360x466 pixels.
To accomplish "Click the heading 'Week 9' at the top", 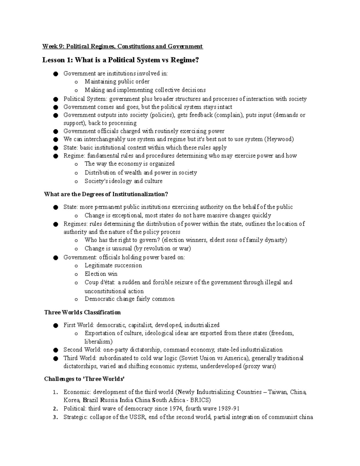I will pyautogui.click(x=53, y=46).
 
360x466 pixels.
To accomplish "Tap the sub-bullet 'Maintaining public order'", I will pyautogui.click(x=117, y=82).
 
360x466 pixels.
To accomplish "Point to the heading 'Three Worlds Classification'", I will pyautogui.click(x=82, y=312).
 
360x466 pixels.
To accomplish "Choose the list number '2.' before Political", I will pyautogui.click(x=55, y=409).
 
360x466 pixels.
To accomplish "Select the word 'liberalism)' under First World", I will pyautogui.click(x=98, y=341).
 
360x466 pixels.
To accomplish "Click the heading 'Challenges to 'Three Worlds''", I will pyautogui.click(x=84, y=379).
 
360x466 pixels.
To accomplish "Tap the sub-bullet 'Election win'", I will pyautogui.click(x=101, y=274).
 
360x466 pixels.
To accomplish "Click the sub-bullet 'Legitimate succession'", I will pyautogui.click(x=113, y=266).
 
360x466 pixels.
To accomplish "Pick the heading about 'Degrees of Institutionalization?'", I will pyautogui.click(x=106, y=194).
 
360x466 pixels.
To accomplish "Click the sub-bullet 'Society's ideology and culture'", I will pyautogui.click(x=123, y=181).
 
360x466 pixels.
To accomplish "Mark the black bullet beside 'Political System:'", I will pyautogui.click(x=55, y=99).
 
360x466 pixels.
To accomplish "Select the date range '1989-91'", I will pyautogui.click(x=229, y=408).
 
